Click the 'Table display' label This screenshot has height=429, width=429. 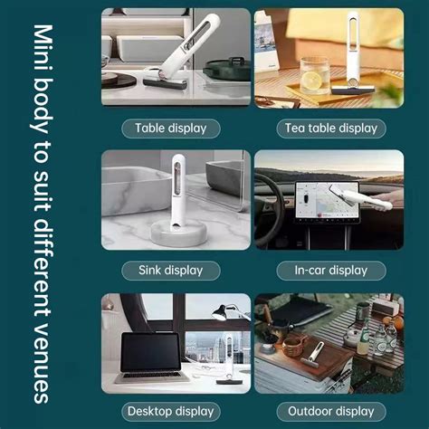click(x=171, y=128)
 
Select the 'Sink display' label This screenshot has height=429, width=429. click(x=171, y=270)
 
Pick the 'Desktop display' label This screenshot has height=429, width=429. click(x=171, y=412)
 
